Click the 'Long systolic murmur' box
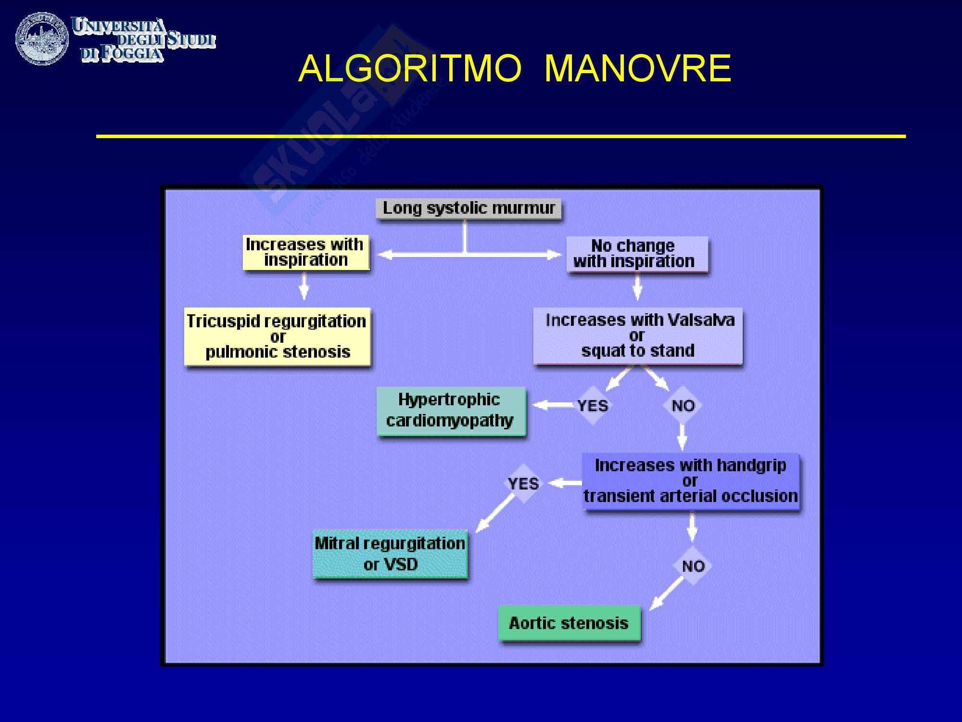coord(468,209)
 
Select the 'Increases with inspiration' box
coord(306,252)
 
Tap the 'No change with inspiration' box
coord(637,254)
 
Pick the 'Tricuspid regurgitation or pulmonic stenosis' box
coord(277,336)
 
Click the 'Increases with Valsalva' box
coord(638,335)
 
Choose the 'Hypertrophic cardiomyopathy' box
coord(451,411)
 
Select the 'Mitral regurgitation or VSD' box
coord(390,554)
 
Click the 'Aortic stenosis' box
coord(569,623)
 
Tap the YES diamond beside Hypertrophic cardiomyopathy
coord(593,405)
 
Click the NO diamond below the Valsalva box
coord(683,405)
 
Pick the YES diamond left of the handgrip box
coord(523,483)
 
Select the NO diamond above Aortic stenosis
coord(693,566)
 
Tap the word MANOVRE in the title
coord(638,69)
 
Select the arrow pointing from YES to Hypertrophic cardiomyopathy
coord(553,405)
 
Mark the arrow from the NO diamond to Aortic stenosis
coord(667,593)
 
